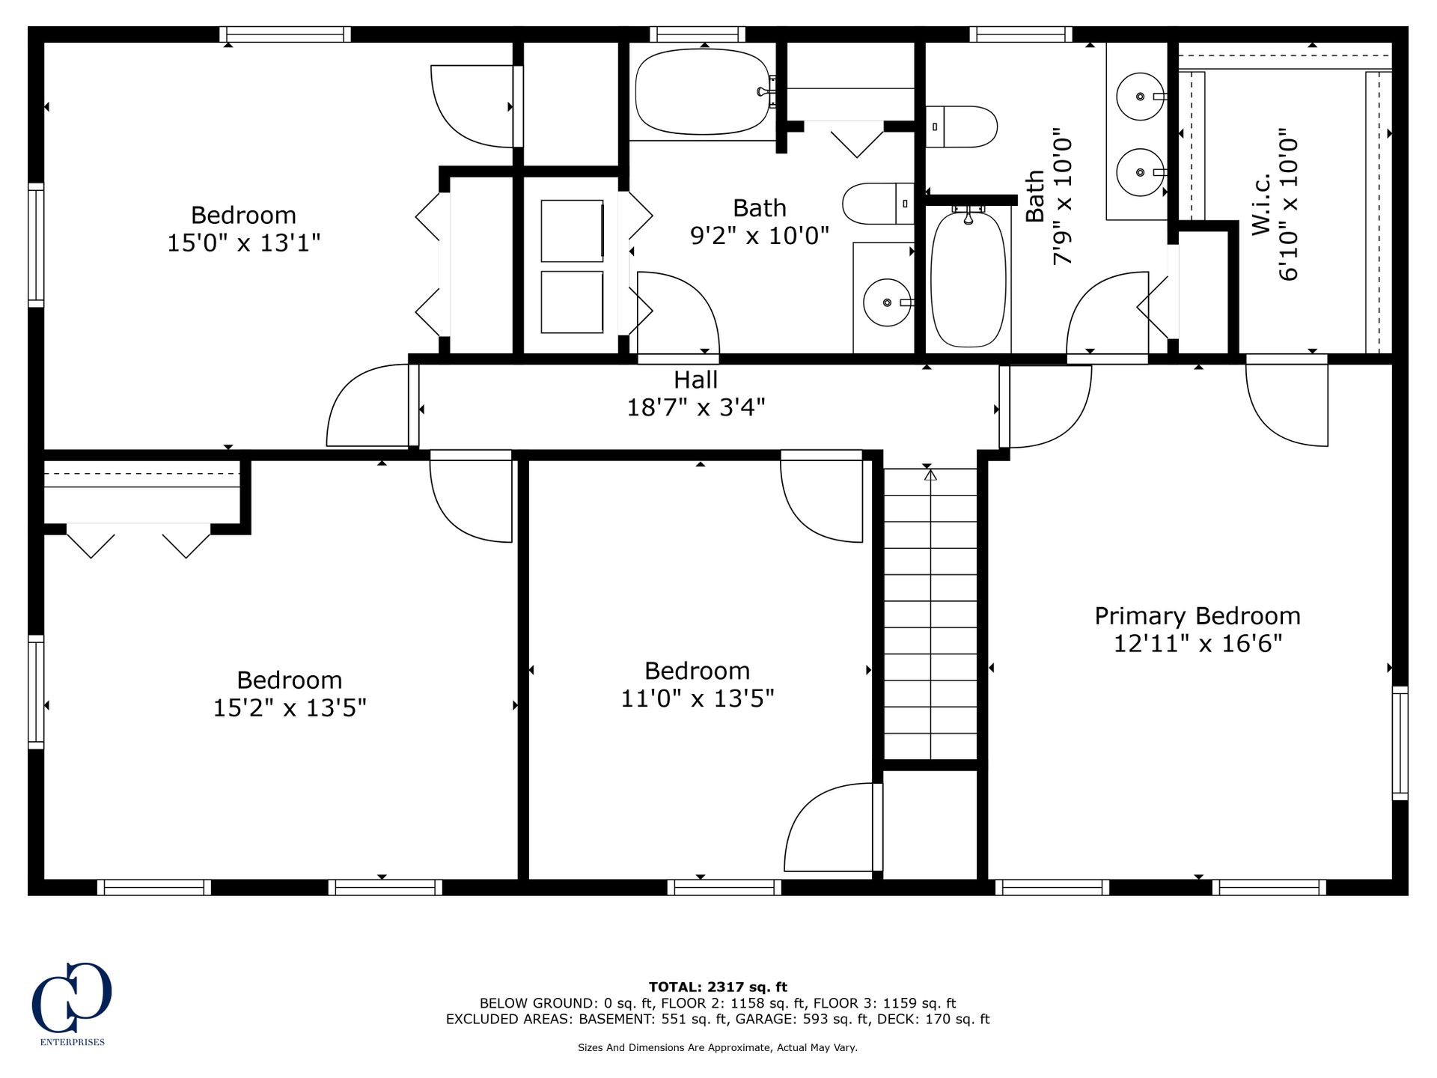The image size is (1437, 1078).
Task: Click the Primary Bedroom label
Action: coord(1197,616)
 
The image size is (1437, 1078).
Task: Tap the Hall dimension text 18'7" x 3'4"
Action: coord(696,407)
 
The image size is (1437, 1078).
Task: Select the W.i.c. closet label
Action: coord(1261,204)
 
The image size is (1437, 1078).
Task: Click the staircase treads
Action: coord(930,614)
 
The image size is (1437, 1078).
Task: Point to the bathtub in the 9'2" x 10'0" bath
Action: coord(703,91)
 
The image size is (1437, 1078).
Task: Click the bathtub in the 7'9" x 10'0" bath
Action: coord(968,279)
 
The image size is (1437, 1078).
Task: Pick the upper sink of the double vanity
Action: coord(1141,97)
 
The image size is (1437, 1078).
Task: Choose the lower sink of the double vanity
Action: coord(1141,172)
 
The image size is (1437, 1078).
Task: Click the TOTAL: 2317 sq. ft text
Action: coord(718,987)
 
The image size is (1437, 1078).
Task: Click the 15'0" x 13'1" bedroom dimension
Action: coord(243,243)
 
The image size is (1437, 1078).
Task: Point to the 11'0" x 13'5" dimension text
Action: coord(698,698)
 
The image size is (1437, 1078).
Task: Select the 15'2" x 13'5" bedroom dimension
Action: coord(290,707)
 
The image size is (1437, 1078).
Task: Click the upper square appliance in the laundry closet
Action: coord(572,231)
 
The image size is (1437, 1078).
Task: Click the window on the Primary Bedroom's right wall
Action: coord(1400,743)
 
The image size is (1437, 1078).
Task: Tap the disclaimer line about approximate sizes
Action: coord(718,1047)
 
